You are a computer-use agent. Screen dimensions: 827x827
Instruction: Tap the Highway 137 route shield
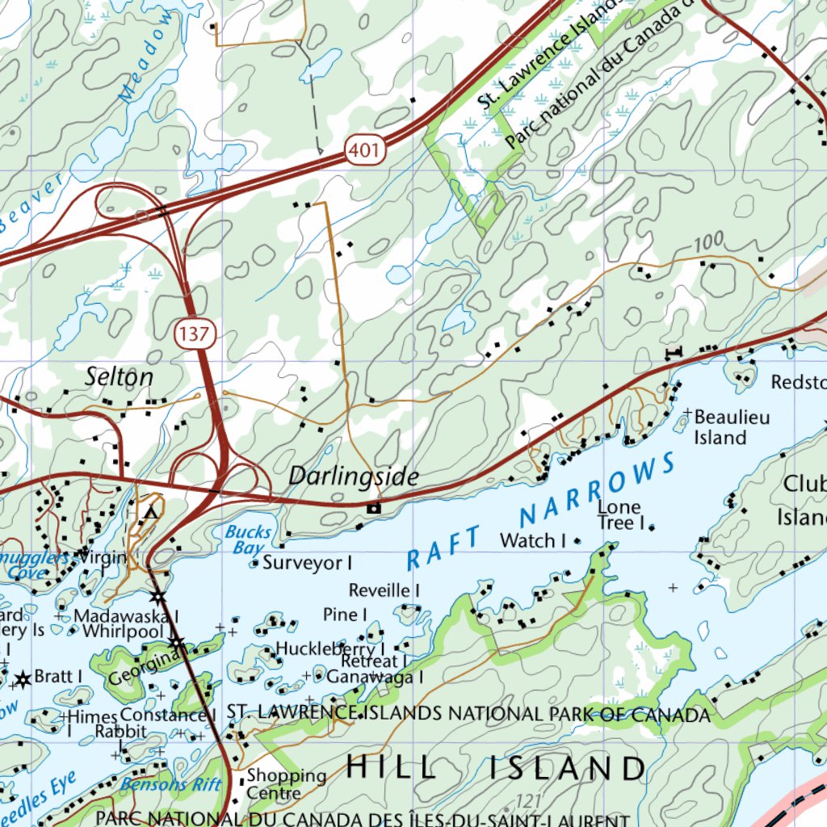click(194, 334)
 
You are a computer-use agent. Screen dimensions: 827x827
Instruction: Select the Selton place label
click(120, 376)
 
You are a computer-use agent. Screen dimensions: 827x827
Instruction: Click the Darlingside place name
click(354, 476)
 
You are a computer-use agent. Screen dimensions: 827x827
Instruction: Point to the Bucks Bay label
click(247, 539)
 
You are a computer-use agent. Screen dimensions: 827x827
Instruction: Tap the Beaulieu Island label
click(732, 427)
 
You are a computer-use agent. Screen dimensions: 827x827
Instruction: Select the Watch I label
click(533, 540)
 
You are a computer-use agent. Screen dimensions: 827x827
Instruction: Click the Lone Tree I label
click(619, 515)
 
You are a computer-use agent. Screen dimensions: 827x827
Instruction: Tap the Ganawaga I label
click(375, 677)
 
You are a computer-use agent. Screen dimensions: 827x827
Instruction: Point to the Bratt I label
click(58, 676)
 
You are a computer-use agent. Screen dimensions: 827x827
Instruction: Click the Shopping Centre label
click(286, 783)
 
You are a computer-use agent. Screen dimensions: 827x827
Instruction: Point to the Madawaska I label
click(125, 615)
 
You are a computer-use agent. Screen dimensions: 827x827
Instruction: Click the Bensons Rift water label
click(170, 784)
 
